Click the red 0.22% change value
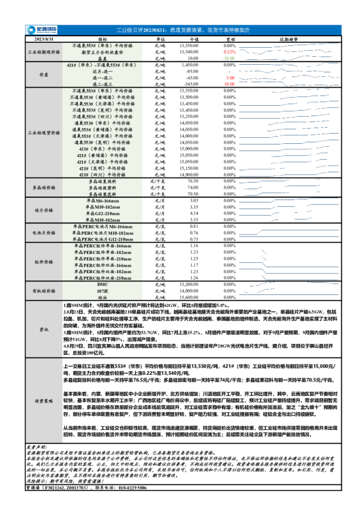[x=230, y=52]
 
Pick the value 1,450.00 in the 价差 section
[x=190, y=65]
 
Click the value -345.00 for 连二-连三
[x=189, y=84]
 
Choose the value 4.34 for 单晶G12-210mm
[x=194, y=213]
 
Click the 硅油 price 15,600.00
[x=189, y=297]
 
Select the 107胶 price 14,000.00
[x=189, y=290]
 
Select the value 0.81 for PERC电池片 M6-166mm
[x=194, y=226]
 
